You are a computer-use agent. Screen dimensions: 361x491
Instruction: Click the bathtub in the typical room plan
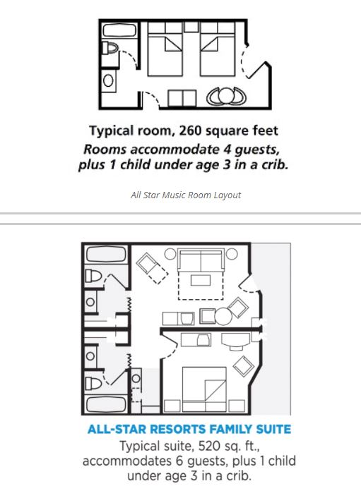pyautogui.click(x=119, y=31)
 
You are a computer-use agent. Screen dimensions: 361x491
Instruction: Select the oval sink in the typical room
pyautogui.click(x=108, y=81)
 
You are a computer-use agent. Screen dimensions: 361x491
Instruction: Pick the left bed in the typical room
pyautogui.click(x=165, y=49)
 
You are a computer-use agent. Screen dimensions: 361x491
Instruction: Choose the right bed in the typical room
pyautogui.click(x=218, y=49)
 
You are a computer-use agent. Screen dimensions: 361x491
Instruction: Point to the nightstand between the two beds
pyautogui.click(x=191, y=27)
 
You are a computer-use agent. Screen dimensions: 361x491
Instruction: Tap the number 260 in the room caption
pyautogui.click(x=190, y=131)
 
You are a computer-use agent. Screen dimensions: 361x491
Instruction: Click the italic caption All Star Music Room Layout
pyautogui.click(x=186, y=195)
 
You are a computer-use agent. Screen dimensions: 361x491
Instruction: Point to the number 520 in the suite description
pyautogui.click(x=209, y=446)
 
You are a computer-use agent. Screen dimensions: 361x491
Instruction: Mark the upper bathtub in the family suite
pyautogui.click(x=107, y=254)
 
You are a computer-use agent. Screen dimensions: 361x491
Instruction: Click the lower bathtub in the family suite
pyautogui.click(x=107, y=404)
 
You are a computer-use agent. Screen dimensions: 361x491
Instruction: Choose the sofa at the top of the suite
pyautogui.click(x=201, y=260)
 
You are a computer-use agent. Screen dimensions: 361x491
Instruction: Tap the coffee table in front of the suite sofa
pyautogui.click(x=201, y=280)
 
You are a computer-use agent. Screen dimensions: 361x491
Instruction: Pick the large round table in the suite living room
pyautogui.click(x=223, y=316)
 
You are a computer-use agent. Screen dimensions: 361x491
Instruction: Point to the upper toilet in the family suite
pyautogui.click(x=94, y=277)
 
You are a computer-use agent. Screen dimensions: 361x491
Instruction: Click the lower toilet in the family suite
pyautogui.click(x=94, y=383)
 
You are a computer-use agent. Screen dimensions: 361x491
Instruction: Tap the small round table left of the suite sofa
pyautogui.click(x=170, y=254)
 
